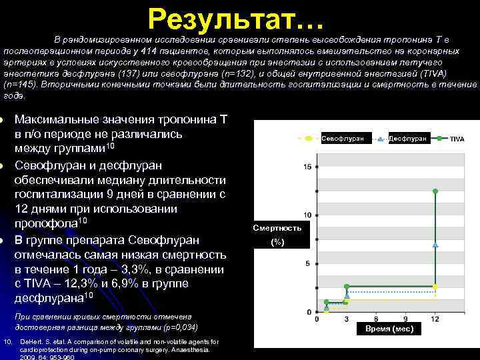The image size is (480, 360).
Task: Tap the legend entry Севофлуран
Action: (342, 139)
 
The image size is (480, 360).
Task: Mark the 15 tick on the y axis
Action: (307, 166)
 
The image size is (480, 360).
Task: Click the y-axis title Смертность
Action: (277, 228)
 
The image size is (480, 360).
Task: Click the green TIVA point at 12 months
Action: (435, 191)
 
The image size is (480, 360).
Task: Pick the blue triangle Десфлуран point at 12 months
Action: (435, 245)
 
